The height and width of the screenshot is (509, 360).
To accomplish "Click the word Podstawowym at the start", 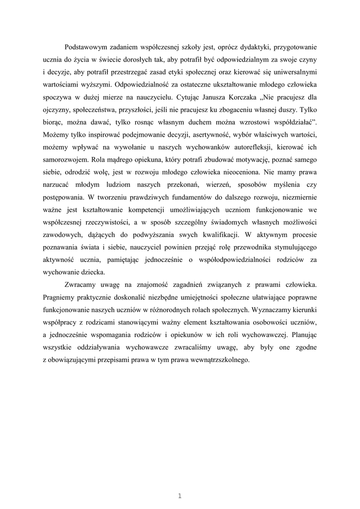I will pyautogui.click(x=88, y=47).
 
